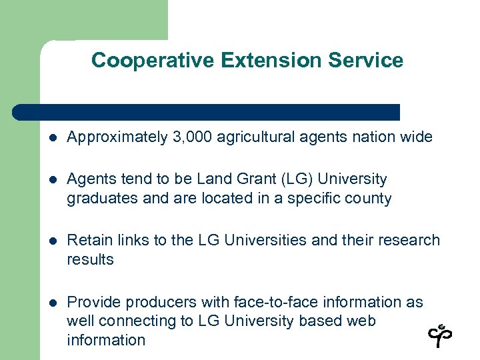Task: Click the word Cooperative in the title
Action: click(139, 61)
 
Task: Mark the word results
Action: click(90, 259)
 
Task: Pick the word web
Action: click(361, 321)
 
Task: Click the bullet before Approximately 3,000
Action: click(53, 138)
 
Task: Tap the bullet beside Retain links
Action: click(53, 241)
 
